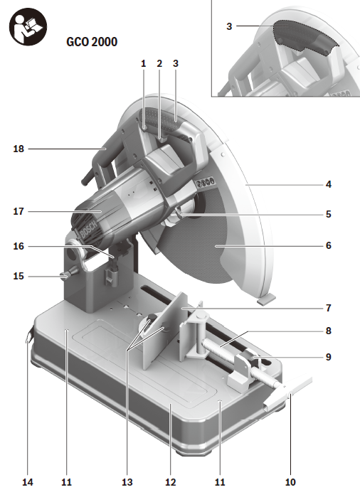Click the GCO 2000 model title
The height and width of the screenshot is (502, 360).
[92, 42]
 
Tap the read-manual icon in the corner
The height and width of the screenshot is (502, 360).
[28, 26]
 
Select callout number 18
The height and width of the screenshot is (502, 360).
[18, 149]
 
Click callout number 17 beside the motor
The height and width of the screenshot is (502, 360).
[18, 212]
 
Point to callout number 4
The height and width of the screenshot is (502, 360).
[328, 184]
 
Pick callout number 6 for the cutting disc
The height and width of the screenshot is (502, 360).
[328, 245]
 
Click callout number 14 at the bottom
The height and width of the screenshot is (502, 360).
[28, 482]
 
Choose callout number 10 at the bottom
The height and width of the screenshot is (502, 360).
[290, 482]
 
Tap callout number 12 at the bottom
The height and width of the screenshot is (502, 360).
[170, 482]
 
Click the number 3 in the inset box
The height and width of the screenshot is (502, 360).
[229, 26]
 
